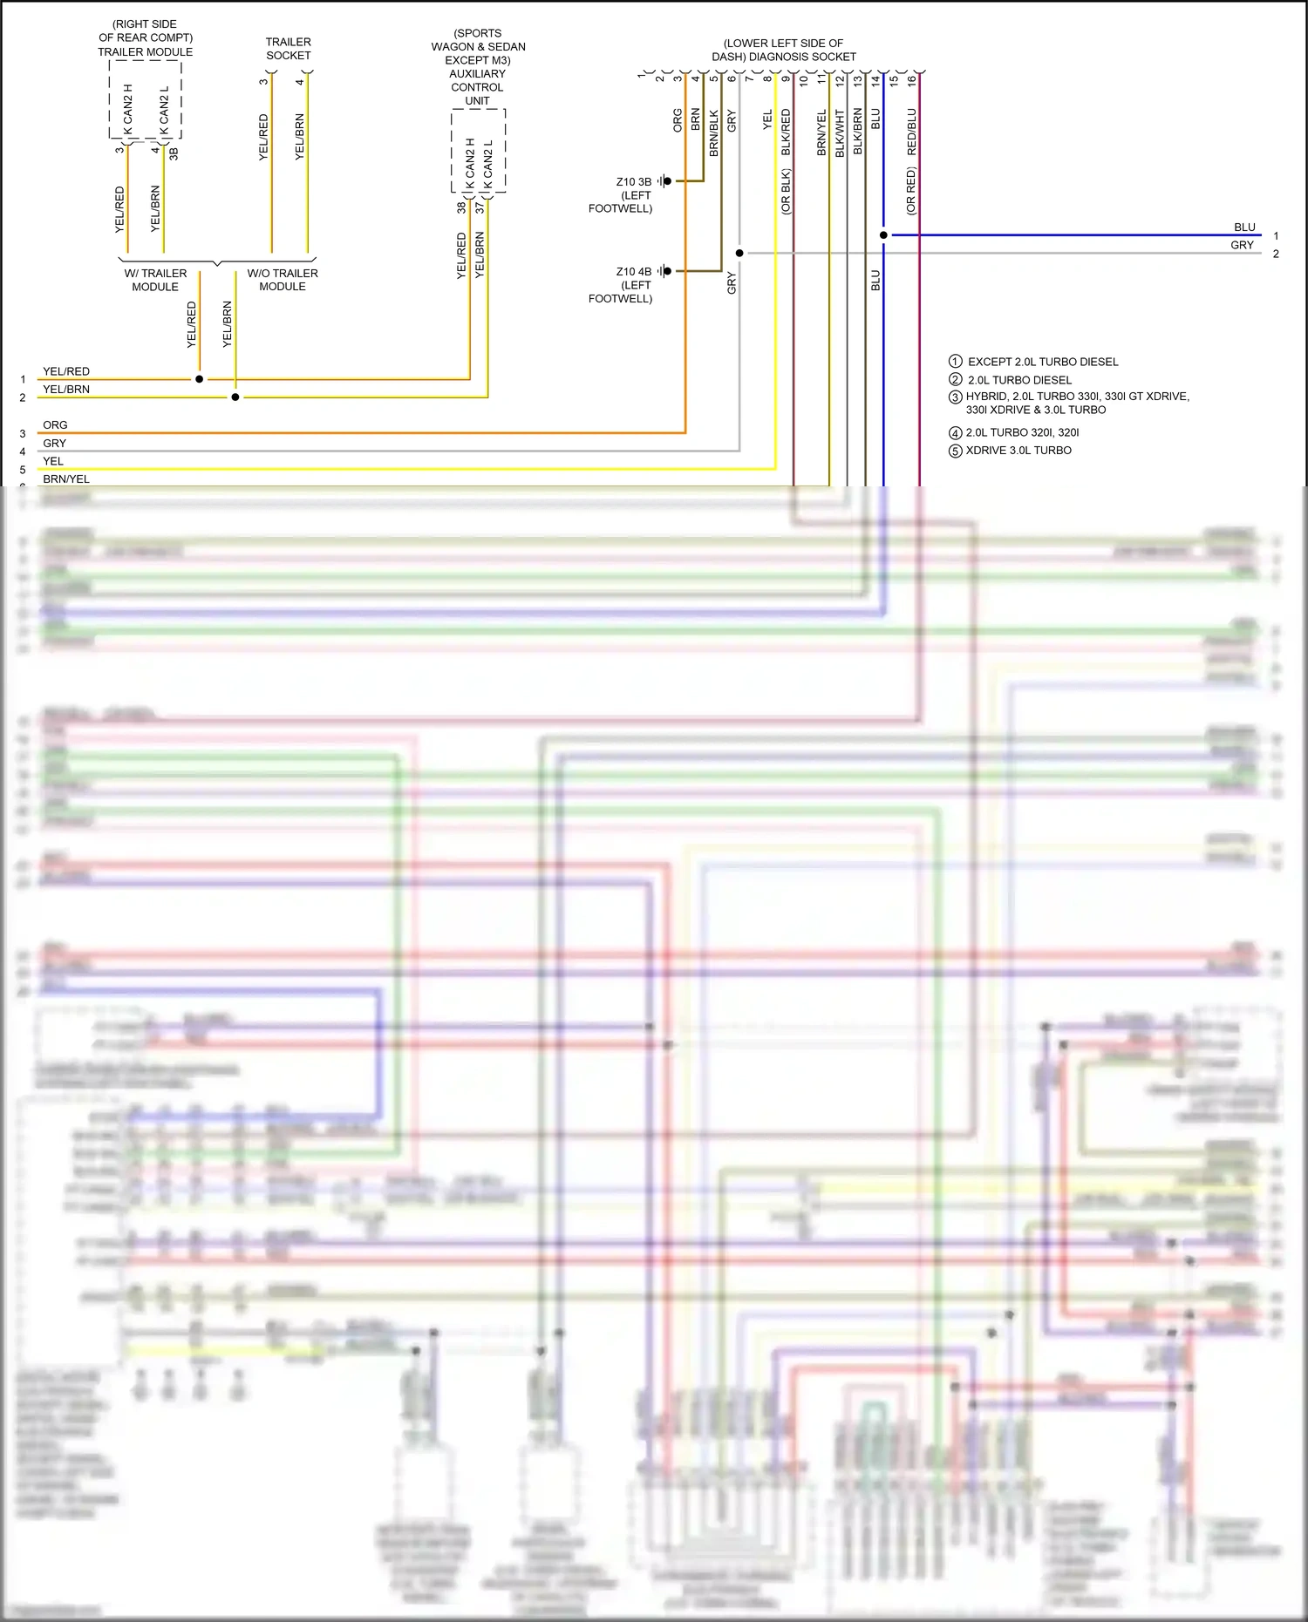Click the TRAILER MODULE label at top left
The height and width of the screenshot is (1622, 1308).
tap(145, 51)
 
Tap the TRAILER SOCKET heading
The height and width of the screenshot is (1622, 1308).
tap(288, 49)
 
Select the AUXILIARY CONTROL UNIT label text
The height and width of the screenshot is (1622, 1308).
tap(477, 87)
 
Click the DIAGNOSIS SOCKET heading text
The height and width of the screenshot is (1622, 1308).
tap(783, 57)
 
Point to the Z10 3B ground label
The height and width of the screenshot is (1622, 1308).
tap(634, 182)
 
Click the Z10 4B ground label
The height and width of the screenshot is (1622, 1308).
tap(634, 272)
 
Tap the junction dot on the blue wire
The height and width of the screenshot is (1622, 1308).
tap(883, 235)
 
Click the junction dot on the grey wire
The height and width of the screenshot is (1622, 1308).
tap(739, 254)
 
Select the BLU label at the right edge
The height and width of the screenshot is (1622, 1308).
tap(1244, 227)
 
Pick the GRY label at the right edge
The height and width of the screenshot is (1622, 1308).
tap(1242, 246)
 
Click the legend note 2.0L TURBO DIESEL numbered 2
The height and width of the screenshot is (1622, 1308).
tap(1018, 380)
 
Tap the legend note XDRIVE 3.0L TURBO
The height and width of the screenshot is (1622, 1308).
tap(1018, 451)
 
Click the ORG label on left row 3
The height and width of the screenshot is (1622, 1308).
tap(55, 425)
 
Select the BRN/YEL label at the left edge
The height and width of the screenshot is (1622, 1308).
tap(66, 478)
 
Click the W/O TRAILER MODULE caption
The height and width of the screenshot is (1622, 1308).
tap(283, 280)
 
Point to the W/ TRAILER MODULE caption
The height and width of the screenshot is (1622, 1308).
tap(155, 280)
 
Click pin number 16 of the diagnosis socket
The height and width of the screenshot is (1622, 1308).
tap(912, 80)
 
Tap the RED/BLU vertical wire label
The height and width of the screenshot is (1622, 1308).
tap(912, 132)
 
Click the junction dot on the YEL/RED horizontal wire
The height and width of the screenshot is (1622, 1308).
tap(200, 379)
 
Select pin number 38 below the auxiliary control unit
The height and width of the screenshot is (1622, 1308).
tap(461, 207)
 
